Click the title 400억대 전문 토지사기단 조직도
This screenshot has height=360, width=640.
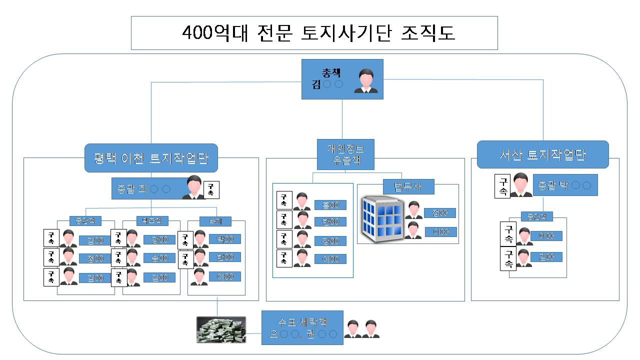(x=314, y=33)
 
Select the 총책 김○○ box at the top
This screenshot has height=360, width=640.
(x=342, y=79)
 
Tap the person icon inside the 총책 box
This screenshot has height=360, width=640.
(x=365, y=81)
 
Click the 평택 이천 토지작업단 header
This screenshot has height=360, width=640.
(x=151, y=158)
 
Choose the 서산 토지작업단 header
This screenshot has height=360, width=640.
(x=542, y=154)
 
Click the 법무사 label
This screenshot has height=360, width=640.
(x=408, y=186)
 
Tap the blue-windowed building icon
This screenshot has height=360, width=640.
(x=382, y=219)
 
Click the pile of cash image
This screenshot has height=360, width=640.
(x=221, y=330)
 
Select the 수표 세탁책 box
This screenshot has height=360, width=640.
(x=302, y=327)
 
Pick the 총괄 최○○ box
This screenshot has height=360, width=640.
(x=150, y=189)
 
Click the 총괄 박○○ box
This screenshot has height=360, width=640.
(x=565, y=185)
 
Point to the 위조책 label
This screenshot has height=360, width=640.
(x=151, y=221)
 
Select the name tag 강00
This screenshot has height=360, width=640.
(x=159, y=240)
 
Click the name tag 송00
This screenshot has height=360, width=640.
(x=159, y=258)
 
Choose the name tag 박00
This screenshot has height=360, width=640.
(x=224, y=239)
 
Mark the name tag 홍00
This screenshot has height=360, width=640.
(x=330, y=205)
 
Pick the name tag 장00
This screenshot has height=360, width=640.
(x=330, y=241)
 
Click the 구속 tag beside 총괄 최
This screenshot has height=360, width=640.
(x=211, y=190)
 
